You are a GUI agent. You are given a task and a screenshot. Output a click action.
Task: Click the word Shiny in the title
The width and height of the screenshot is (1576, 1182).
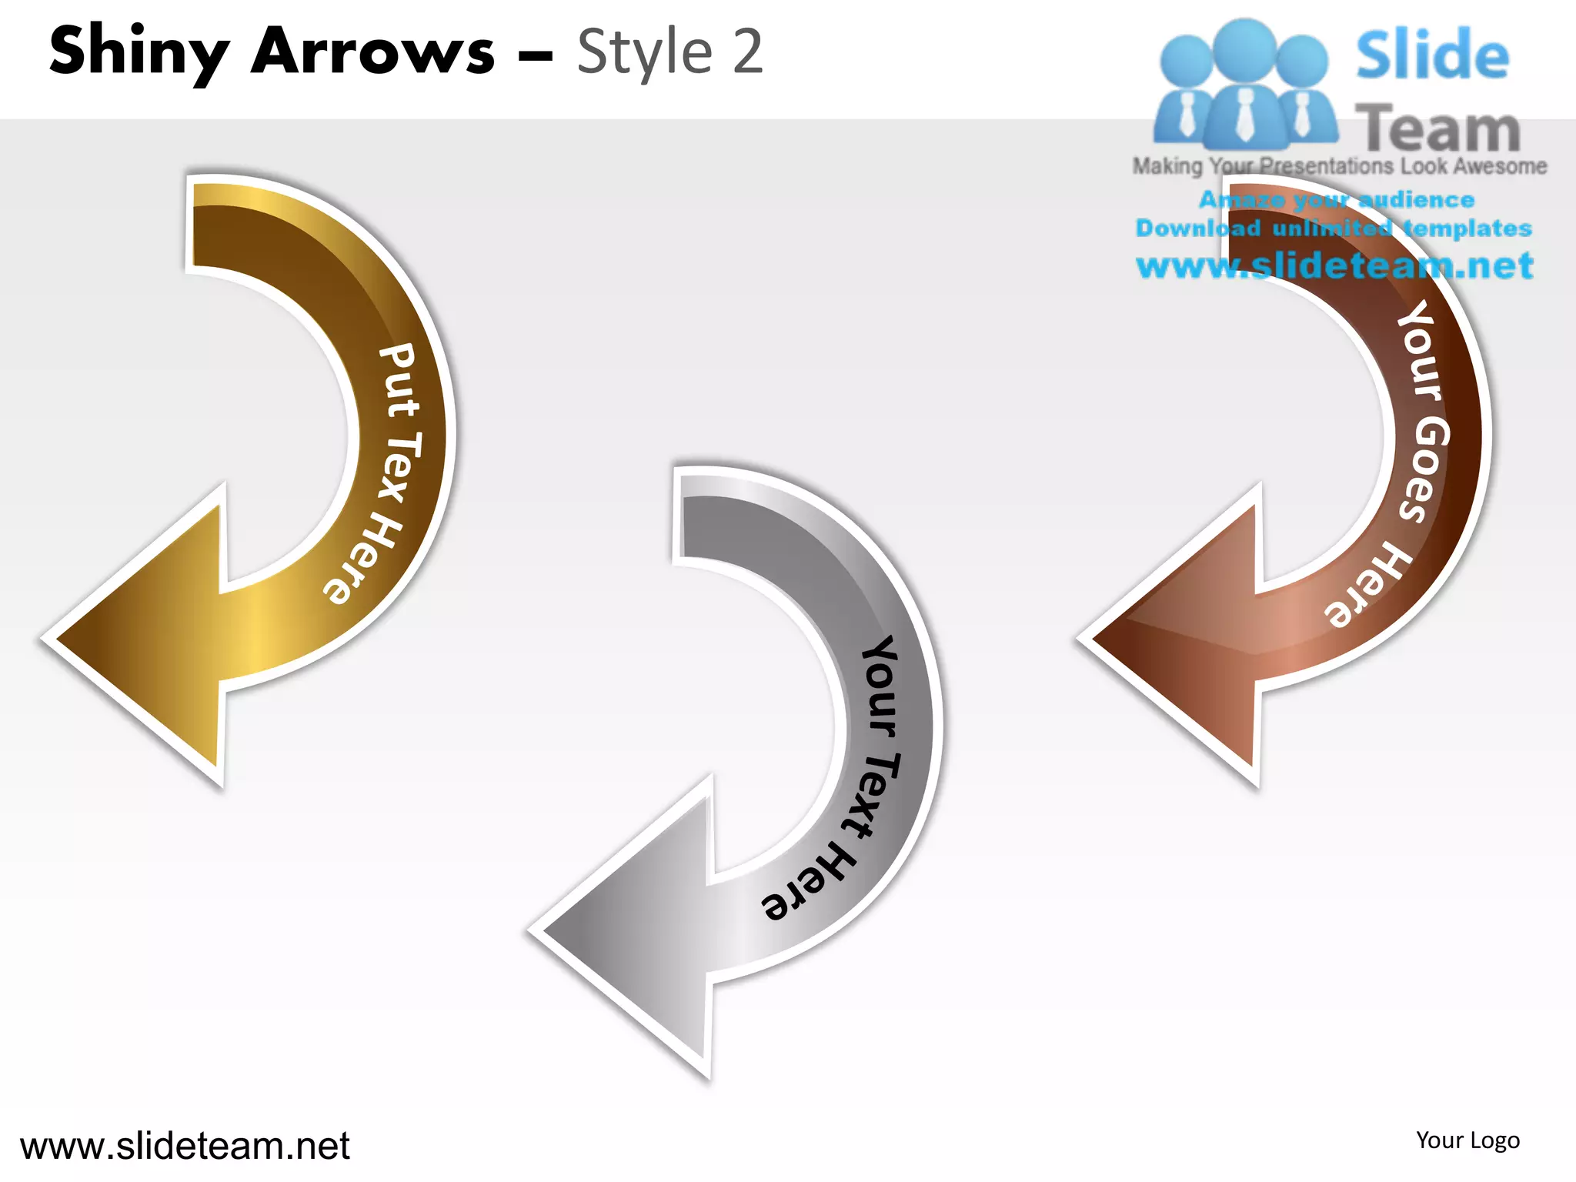click(x=139, y=52)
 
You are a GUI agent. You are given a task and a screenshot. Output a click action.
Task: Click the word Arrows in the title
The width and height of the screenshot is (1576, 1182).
click(x=372, y=52)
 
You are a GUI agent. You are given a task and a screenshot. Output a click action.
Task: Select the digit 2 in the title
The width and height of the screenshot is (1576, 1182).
click(x=746, y=52)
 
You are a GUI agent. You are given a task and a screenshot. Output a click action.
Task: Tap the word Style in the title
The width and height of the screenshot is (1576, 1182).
click(x=645, y=52)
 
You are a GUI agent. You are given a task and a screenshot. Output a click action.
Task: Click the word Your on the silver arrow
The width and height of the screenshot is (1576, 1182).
click(x=880, y=685)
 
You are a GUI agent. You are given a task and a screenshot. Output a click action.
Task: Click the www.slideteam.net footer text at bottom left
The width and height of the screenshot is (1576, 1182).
click(x=185, y=1147)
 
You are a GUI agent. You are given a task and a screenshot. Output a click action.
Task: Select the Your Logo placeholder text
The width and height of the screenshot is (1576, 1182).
click(x=1467, y=1140)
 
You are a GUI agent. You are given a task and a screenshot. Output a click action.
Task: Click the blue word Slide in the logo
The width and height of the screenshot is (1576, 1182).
click(x=1432, y=55)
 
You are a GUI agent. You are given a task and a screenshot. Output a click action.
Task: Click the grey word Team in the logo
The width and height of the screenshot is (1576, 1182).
click(x=1437, y=129)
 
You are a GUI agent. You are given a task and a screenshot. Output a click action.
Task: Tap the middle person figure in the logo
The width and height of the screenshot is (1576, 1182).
click(x=1245, y=85)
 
